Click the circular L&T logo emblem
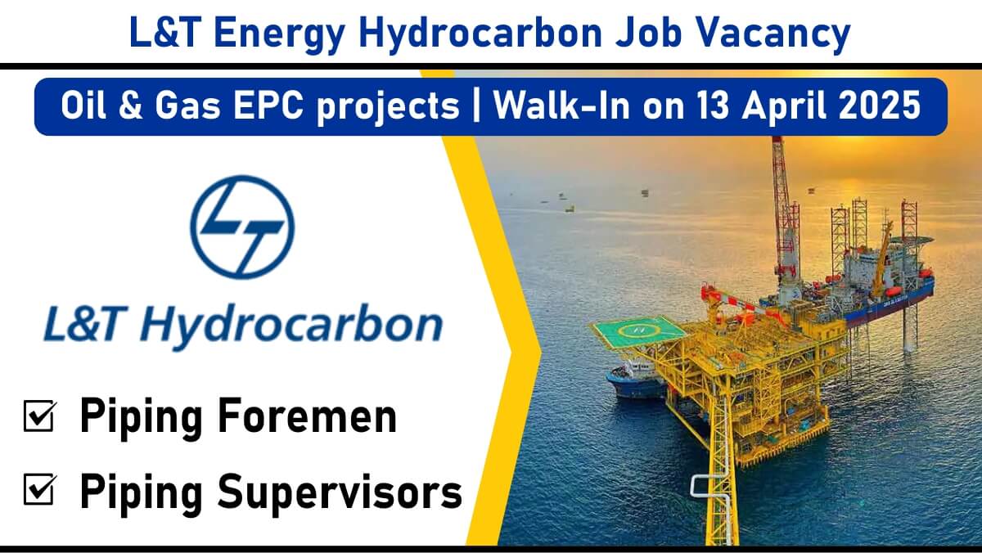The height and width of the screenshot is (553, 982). pyautogui.click(x=242, y=227)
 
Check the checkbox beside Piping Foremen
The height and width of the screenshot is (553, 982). pyautogui.click(x=40, y=416)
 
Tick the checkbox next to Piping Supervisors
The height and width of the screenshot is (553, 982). pyautogui.click(x=40, y=489)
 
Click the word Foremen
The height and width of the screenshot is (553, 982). pyautogui.click(x=308, y=416)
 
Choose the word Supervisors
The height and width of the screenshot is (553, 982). pyautogui.click(x=340, y=492)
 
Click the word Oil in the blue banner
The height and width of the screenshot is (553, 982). pyautogui.click(x=83, y=106)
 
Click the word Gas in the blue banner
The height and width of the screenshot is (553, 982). pyautogui.click(x=187, y=106)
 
